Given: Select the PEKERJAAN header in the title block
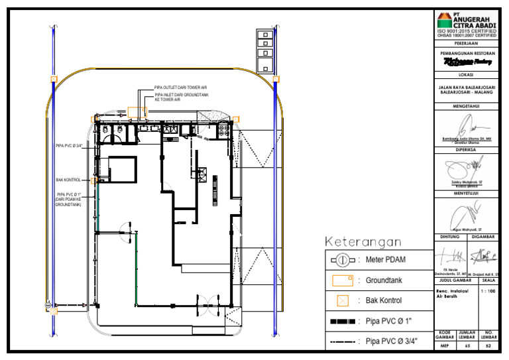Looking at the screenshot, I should [x=467, y=42].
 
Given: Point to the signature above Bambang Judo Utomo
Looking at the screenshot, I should [x=467, y=125].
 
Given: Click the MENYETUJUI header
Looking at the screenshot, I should [x=467, y=193].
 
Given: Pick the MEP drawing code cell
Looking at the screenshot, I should [x=444, y=345].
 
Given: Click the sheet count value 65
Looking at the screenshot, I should [x=467, y=345].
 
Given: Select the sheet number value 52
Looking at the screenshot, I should [x=489, y=345].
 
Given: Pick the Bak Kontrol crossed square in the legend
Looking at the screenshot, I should [x=343, y=300].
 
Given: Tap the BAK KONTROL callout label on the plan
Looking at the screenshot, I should [x=68, y=179].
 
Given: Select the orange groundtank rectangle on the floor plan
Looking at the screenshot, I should [x=137, y=111].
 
